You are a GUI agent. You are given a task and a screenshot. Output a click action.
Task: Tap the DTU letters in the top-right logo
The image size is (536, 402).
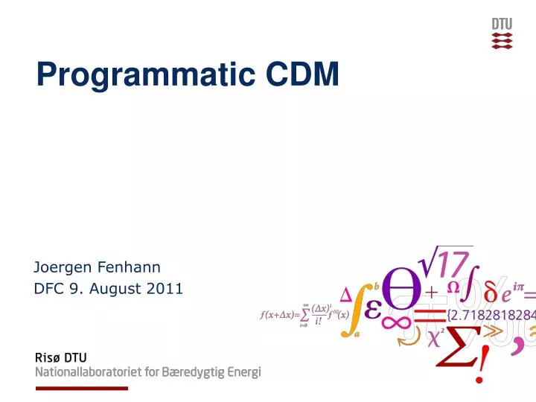pos(502,24)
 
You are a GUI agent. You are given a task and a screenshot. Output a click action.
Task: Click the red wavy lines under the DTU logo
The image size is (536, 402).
pos(502,40)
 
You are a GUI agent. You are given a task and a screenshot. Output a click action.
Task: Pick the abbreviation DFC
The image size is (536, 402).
pos(49,288)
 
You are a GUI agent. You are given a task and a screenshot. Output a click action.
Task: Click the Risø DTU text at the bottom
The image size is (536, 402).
pos(61,358)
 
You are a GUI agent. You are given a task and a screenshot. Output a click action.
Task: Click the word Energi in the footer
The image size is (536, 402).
pos(243,373)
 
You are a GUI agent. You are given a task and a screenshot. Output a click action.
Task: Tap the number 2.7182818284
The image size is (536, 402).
pos(491,313)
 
